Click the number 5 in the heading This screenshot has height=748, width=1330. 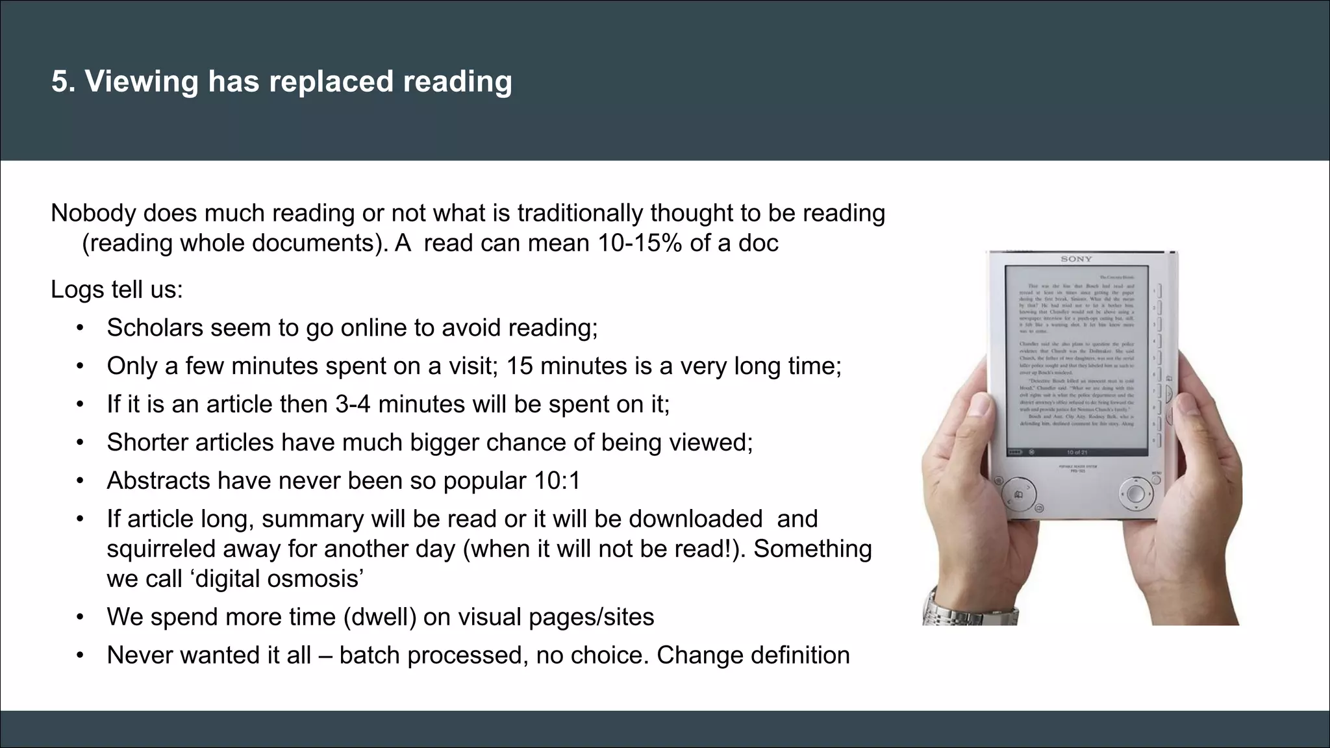pyautogui.click(x=60, y=82)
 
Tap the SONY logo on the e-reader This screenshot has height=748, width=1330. pyautogui.click(x=1076, y=259)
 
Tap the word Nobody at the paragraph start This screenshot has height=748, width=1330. pyautogui.click(x=93, y=213)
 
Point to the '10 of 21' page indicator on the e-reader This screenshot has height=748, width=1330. pyautogui.click(x=1076, y=452)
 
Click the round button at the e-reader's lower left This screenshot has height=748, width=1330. pyautogui.click(x=1018, y=495)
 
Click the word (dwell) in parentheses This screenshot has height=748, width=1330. pyautogui.click(x=380, y=617)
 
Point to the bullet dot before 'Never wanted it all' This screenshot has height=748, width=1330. pyautogui.click(x=80, y=655)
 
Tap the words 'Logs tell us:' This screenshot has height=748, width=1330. pyautogui.click(x=117, y=290)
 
